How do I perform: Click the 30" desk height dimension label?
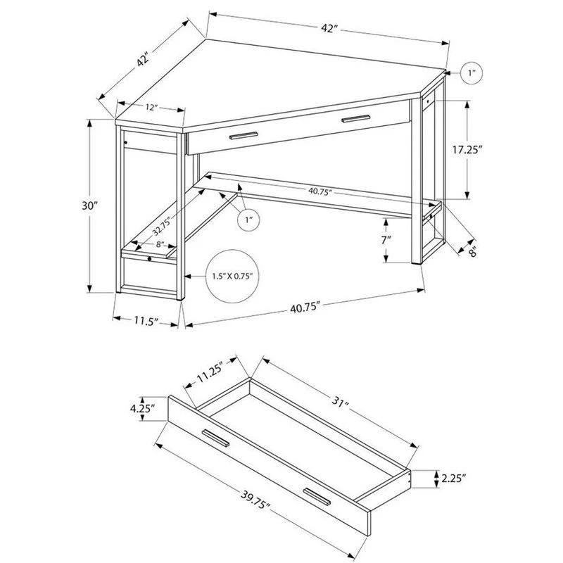click(90, 205)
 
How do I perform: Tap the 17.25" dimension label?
click(467, 150)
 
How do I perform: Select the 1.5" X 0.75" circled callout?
click(232, 276)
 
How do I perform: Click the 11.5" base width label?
click(146, 320)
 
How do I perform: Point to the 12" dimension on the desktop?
click(152, 107)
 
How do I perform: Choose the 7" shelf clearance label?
click(386, 240)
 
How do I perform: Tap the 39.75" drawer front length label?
click(255, 499)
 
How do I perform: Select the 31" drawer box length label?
click(341, 401)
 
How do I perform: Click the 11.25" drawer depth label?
click(210, 373)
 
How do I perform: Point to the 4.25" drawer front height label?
click(143, 408)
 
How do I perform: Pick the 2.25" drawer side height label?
click(454, 479)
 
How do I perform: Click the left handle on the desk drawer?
click(243, 136)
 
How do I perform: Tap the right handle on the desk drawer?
click(355, 118)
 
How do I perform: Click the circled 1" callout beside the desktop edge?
click(472, 73)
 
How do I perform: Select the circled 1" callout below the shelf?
click(248, 220)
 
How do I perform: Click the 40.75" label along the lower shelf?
click(319, 192)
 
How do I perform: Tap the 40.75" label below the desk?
click(305, 308)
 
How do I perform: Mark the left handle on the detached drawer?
click(215, 438)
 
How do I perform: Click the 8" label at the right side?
click(472, 252)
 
